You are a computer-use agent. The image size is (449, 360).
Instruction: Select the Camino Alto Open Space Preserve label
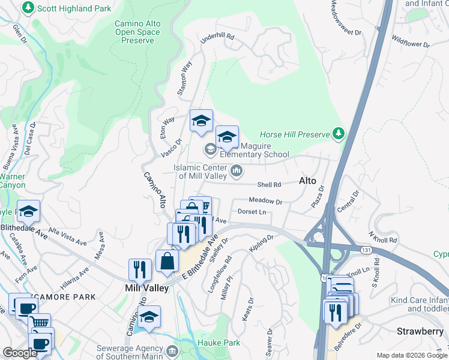[137, 32]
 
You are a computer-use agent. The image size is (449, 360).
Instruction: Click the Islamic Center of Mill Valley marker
[237, 172]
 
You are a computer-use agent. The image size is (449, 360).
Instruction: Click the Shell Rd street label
[269, 185]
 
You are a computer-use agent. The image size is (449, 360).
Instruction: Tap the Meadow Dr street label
[265, 202]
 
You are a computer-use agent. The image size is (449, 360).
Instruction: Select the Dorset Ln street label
[252, 212]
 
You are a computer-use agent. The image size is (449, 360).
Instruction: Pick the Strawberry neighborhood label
[420, 331]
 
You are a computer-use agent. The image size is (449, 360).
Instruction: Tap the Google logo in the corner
[20, 353]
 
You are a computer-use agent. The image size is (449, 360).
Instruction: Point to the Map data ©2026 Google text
[411, 355]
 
